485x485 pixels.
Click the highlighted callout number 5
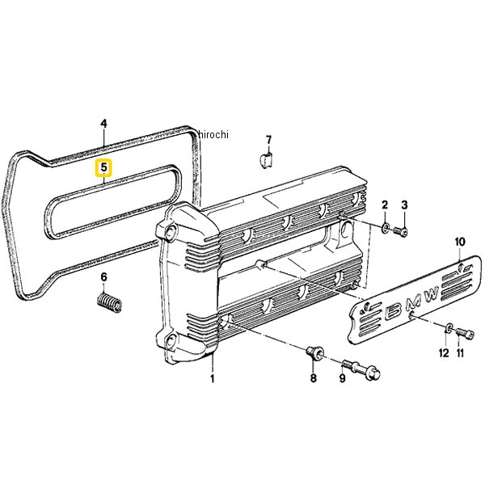pos(103,168)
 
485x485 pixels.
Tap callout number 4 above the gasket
pos(104,124)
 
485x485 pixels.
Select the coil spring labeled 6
pos(109,302)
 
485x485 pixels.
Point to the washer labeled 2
pos(385,228)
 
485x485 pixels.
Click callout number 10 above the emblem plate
pos(460,242)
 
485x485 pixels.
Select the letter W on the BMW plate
pos(431,294)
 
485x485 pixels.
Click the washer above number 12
pos(449,327)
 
